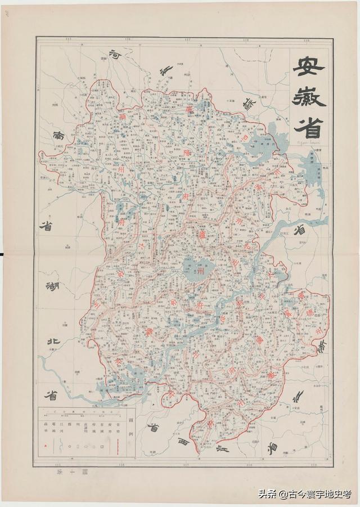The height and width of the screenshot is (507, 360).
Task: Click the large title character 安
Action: [308, 68]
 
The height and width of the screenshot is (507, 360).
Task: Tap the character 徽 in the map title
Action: [309, 98]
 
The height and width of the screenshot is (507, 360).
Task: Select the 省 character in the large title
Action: [308, 128]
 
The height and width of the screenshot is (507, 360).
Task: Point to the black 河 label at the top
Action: [115, 55]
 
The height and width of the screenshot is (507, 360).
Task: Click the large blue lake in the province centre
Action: [197, 269]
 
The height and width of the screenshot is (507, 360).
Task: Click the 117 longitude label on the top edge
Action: [187, 40]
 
